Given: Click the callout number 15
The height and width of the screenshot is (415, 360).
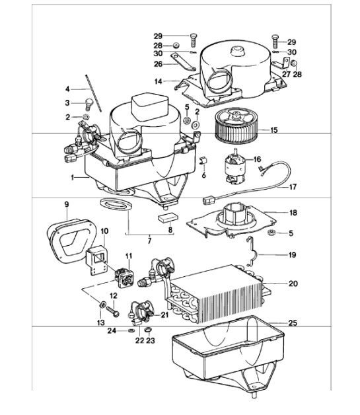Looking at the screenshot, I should pos(291,131).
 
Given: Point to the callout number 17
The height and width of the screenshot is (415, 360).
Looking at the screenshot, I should pos(292,187).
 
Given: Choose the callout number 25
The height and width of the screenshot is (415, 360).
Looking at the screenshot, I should pos(292,322).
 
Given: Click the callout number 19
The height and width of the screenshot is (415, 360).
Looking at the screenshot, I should pos(292,253).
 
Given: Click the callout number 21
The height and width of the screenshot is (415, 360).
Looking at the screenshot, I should pos(165,316).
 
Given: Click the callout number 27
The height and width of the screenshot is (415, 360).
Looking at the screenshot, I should pos(287,75).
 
